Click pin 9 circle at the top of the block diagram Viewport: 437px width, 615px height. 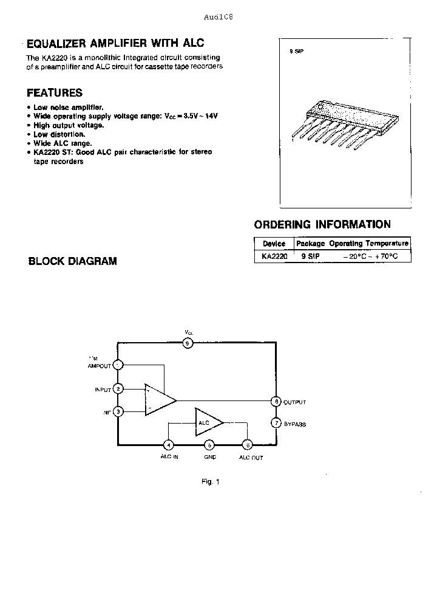[188, 343]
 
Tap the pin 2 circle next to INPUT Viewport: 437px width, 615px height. [118, 388]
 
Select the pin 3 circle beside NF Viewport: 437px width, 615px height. [118, 411]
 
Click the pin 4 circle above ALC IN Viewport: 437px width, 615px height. [169, 445]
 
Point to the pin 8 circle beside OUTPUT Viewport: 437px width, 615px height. [276, 402]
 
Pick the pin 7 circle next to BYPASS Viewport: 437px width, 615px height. [276, 423]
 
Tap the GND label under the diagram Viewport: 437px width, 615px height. [209, 457]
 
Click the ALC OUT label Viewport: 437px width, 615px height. [251, 457]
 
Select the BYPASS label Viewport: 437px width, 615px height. [295, 424]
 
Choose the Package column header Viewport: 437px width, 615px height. [310, 243]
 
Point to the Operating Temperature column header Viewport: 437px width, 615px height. [369, 243]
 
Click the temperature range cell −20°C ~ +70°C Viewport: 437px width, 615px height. [370, 256]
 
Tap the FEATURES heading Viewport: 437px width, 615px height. [55, 93]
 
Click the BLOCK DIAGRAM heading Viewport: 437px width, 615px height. [73, 261]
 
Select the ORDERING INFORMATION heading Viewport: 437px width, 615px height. [322, 224]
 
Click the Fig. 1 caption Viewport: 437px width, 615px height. [210, 481]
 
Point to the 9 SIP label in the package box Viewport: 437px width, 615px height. [297, 52]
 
